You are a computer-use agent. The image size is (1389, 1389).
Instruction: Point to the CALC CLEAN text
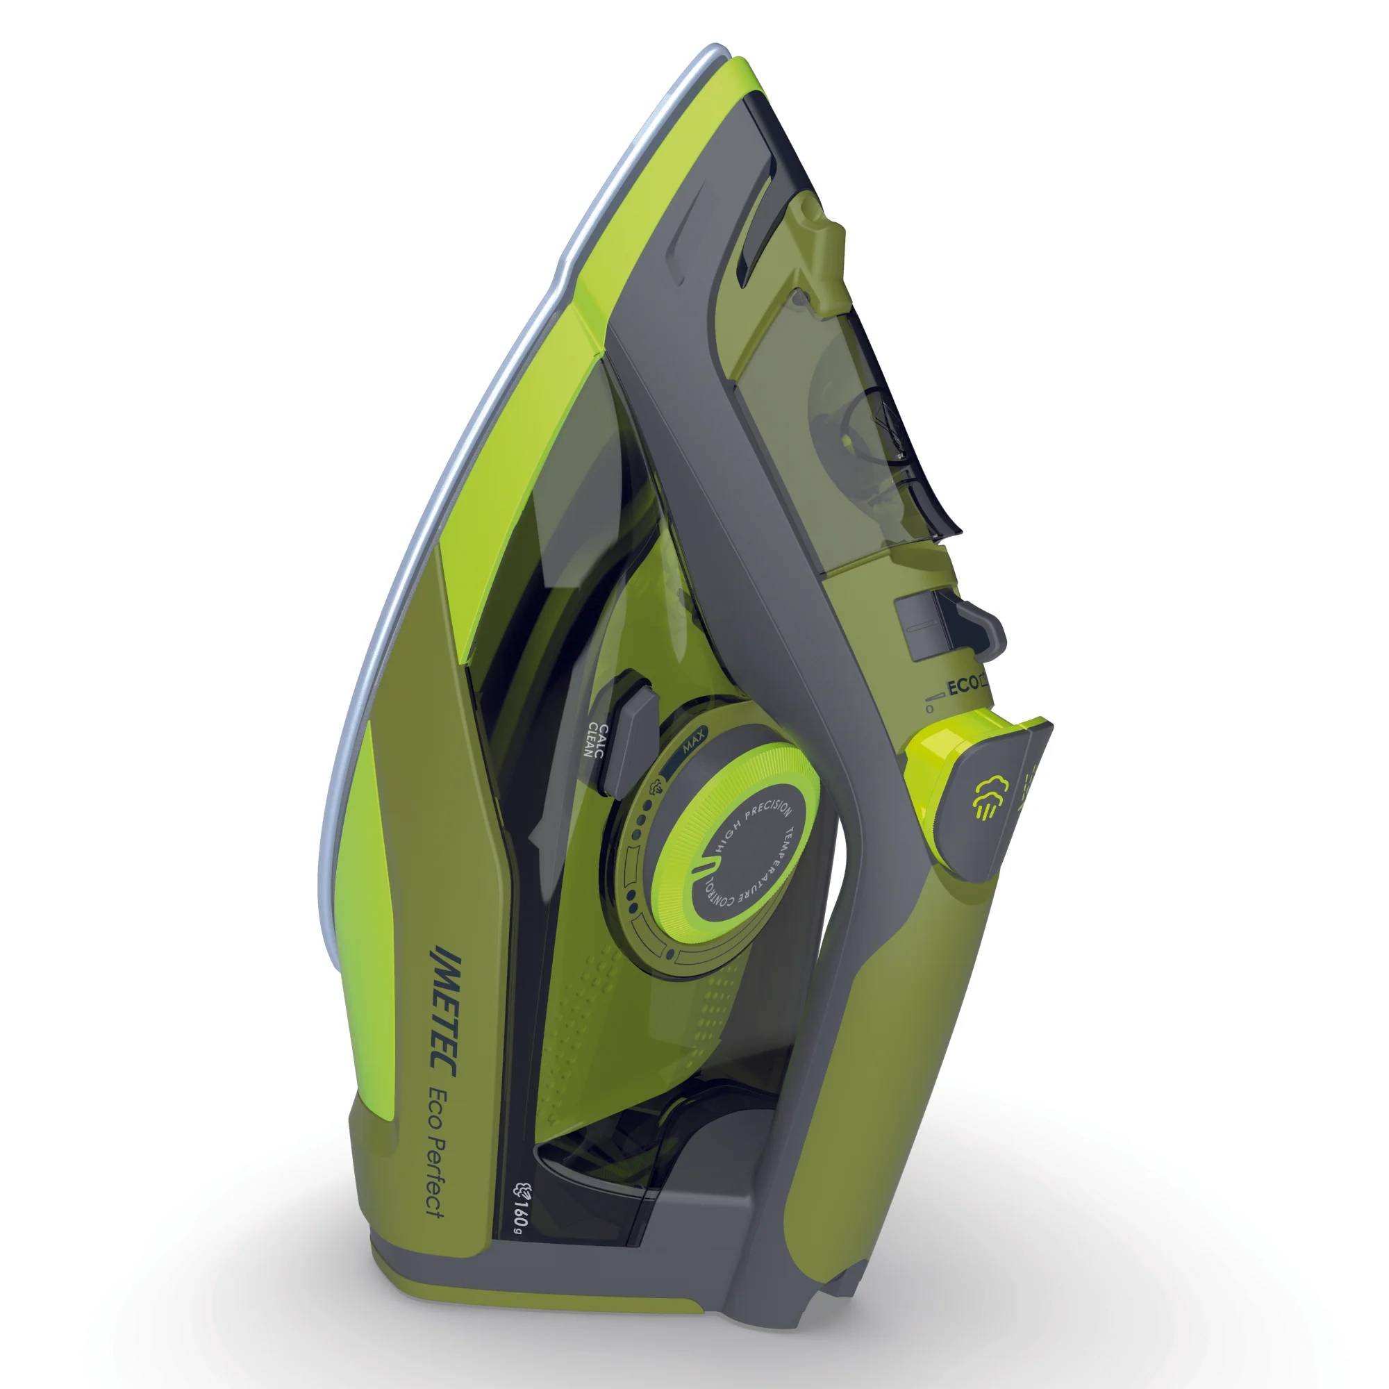pyautogui.click(x=596, y=741)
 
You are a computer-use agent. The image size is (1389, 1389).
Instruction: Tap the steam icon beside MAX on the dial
pyautogui.click(x=655, y=784)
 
